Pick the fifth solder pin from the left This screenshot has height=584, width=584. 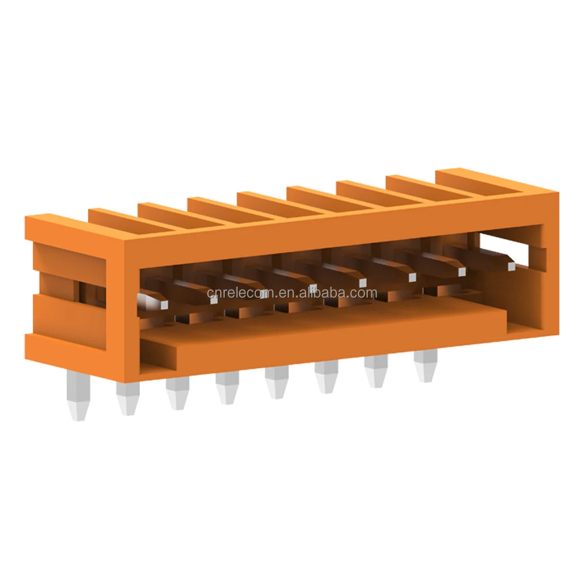pos(274,383)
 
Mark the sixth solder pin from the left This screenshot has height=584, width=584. pos(325,378)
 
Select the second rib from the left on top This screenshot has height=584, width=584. pos(164,211)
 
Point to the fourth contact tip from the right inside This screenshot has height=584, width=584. pos(363,283)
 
